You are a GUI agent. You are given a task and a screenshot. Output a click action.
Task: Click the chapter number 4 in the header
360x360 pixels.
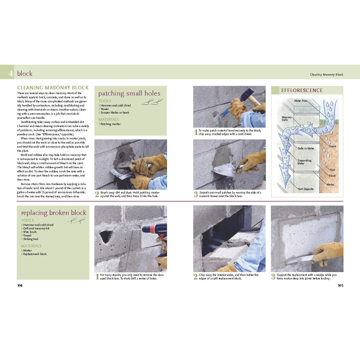[11, 73]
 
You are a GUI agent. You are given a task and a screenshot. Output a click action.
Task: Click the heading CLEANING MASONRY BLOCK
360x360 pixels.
[53, 88]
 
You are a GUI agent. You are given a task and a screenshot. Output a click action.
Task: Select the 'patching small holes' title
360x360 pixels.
[129, 94]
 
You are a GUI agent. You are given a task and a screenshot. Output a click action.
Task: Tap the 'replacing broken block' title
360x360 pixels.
[54, 213]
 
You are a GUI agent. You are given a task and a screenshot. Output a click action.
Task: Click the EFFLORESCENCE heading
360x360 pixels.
[302, 90]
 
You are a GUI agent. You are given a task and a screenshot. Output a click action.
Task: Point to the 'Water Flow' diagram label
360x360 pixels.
[301, 101]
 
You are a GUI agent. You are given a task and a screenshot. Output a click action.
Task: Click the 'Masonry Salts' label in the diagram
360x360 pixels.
[286, 119]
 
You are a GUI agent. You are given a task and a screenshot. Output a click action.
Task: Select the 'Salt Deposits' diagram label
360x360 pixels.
[306, 189]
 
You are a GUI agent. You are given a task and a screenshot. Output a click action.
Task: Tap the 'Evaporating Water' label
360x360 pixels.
[304, 162]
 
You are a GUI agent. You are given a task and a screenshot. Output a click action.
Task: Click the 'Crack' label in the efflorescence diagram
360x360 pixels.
[332, 146]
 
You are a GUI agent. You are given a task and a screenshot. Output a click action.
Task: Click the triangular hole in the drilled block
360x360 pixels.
[105, 236]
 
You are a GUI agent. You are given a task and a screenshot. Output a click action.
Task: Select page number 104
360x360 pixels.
[20, 285]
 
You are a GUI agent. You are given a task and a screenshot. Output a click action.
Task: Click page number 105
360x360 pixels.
[340, 285]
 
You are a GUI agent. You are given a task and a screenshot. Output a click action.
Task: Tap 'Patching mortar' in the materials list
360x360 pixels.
[110, 124]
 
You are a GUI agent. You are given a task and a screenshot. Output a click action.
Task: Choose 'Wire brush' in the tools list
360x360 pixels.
[30, 232]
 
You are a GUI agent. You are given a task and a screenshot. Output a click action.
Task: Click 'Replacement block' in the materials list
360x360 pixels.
[35, 254]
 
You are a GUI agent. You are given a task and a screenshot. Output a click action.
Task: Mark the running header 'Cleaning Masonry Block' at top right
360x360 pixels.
[326, 75]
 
